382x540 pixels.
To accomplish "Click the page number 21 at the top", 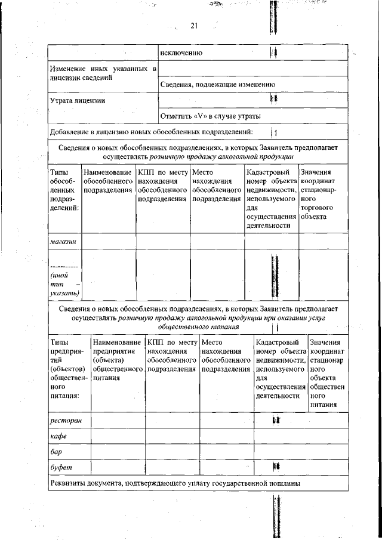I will [194, 25].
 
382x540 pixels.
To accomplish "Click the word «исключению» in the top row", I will [186, 54].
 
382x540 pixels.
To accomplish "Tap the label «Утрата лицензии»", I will [78, 100].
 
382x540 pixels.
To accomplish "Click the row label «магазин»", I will [63, 241].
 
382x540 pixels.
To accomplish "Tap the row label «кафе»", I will [58, 437].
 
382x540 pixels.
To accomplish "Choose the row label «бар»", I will [57, 452].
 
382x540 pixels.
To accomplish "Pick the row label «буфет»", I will [61, 467].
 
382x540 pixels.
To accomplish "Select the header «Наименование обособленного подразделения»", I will [108, 181].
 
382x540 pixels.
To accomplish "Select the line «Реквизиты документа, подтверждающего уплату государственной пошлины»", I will [175, 482].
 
